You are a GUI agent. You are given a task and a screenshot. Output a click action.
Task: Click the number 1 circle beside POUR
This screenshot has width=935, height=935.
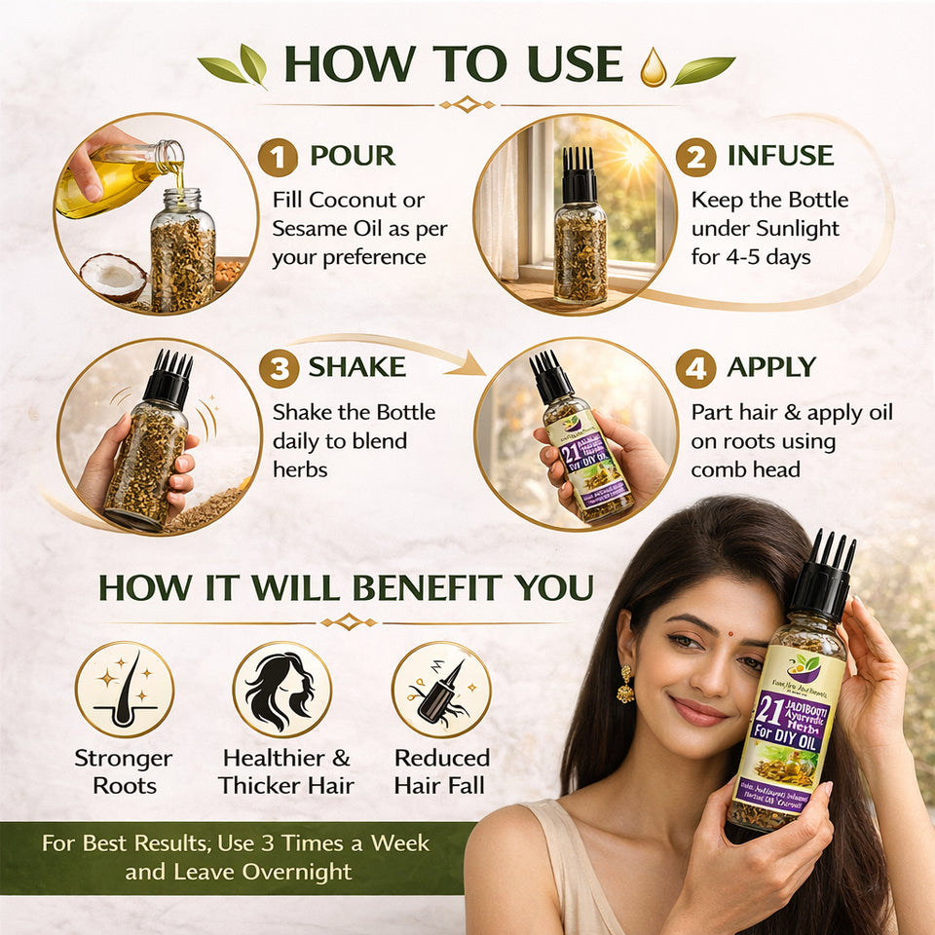coord(278,157)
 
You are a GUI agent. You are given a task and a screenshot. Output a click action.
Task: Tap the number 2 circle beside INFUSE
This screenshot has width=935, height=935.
coord(695,157)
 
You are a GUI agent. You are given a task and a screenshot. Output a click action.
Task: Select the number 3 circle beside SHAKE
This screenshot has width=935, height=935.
coord(278,368)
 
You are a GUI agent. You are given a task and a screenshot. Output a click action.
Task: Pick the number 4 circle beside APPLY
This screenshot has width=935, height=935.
coord(695,368)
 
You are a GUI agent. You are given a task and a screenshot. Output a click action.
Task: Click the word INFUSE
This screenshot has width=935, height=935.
coord(780,156)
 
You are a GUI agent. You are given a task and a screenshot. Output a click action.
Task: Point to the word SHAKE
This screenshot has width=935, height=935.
coord(357,367)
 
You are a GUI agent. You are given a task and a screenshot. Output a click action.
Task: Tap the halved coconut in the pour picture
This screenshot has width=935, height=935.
coord(112,278)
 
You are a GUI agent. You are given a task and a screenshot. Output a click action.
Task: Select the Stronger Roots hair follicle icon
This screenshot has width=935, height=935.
coord(125,689)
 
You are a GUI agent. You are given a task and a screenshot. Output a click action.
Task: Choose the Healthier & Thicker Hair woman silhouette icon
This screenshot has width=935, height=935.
coord(281,689)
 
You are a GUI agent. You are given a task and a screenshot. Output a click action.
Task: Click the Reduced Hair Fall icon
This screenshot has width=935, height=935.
coord(440,689)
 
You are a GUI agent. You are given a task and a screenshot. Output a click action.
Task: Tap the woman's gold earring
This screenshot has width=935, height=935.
coord(625,686)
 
